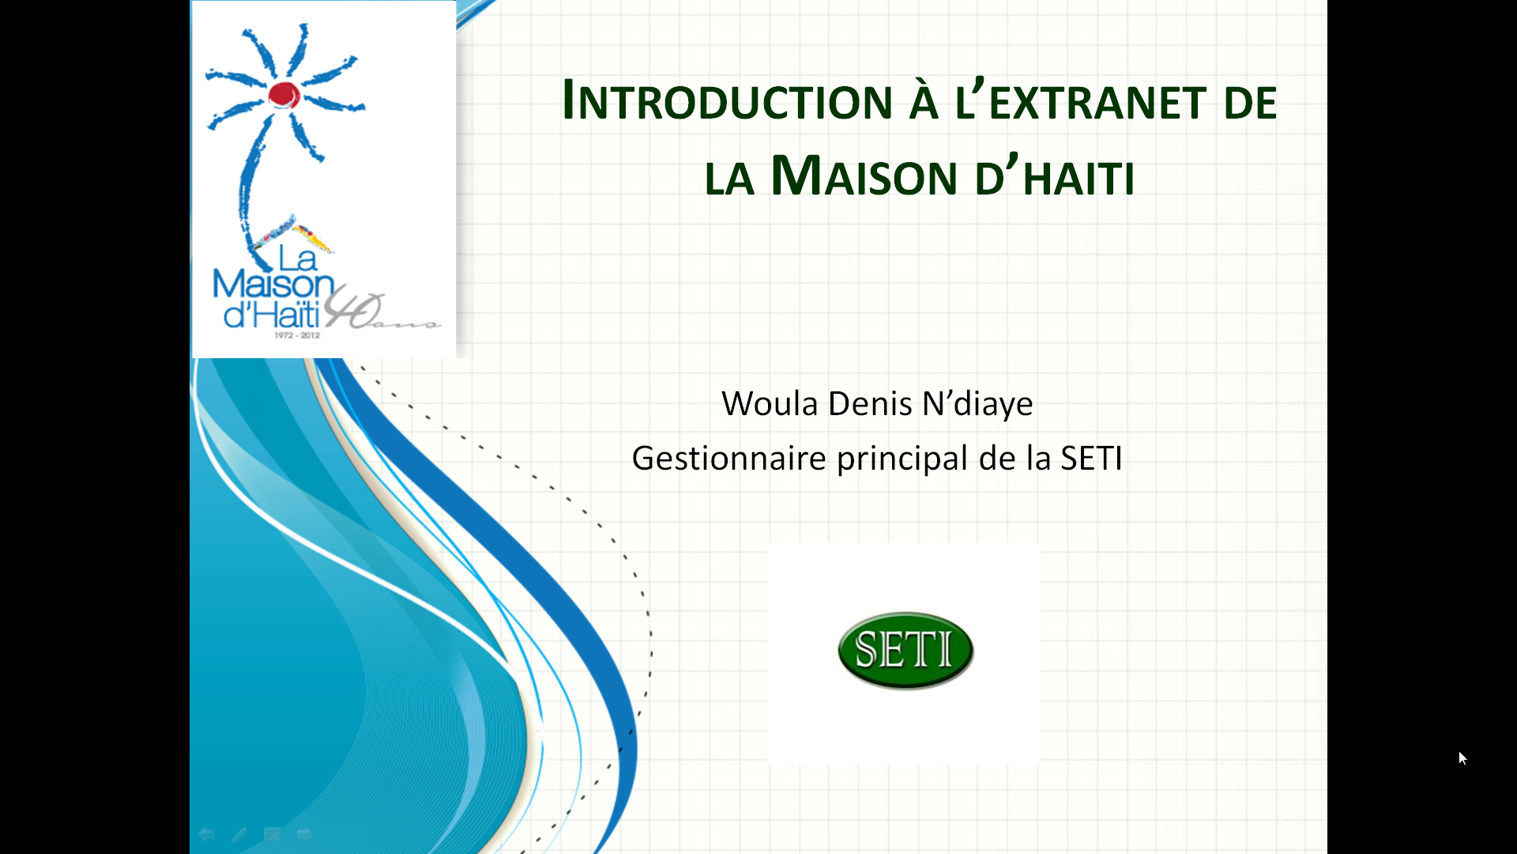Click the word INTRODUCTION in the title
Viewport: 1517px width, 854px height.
point(728,100)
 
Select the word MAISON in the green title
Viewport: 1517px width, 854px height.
point(864,176)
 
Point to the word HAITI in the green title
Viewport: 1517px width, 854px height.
point(1078,178)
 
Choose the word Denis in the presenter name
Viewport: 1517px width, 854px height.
point(870,403)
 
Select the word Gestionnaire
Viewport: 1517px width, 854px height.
point(728,458)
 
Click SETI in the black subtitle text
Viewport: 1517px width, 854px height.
point(1091,458)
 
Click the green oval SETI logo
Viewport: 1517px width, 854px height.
point(905,650)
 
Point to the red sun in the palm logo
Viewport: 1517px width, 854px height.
point(284,94)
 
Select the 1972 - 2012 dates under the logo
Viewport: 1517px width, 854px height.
point(297,335)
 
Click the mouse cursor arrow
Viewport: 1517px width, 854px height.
point(1462,758)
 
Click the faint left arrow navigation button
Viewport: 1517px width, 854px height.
point(206,834)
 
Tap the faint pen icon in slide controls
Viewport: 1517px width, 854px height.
point(239,834)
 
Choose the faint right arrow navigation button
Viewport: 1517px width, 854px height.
point(304,834)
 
